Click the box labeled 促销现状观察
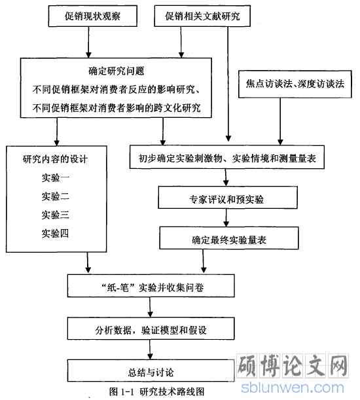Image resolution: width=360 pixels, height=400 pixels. click(92, 16)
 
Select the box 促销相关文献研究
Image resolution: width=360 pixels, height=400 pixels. click(202, 16)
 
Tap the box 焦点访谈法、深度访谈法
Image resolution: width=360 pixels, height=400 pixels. click(295, 84)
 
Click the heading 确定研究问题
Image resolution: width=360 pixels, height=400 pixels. click(117, 71)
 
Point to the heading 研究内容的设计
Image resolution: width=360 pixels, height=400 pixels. click(56, 159)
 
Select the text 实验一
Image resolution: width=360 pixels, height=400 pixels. click(56, 177)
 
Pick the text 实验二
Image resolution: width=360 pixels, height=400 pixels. click(56, 196)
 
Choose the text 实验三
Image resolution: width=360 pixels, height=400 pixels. click(56, 215)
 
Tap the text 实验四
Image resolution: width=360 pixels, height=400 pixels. click(56, 233)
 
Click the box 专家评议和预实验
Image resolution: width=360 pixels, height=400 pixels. click(228, 198)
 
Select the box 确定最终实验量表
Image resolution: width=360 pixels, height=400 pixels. click(229, 238)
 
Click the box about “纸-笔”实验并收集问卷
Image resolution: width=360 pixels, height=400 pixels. click(151, 286)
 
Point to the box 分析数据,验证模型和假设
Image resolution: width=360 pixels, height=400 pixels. click(151, 329)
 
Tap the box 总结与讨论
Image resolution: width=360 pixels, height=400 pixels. click(151, 371)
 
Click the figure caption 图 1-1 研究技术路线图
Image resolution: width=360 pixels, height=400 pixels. click(157, 391)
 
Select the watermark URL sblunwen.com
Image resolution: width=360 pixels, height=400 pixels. click(293, 388)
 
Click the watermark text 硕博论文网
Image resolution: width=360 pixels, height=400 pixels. click(293, 366)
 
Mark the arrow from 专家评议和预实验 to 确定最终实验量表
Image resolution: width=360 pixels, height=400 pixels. click(226, 218)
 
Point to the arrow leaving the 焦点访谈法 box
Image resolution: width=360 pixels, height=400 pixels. click(280, 122)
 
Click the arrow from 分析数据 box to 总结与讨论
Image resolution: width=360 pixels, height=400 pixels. click(150, 350)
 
